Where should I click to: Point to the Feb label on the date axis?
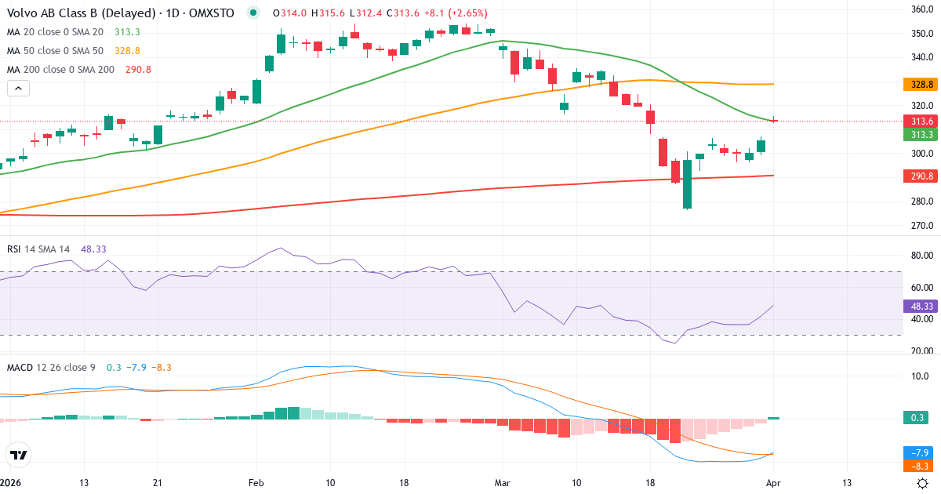(256, 483)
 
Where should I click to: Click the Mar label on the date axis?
(502, 483)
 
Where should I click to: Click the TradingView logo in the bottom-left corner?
(19, 455)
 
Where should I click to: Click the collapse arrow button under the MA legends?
(18, 89)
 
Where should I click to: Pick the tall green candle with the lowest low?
(687, 184)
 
